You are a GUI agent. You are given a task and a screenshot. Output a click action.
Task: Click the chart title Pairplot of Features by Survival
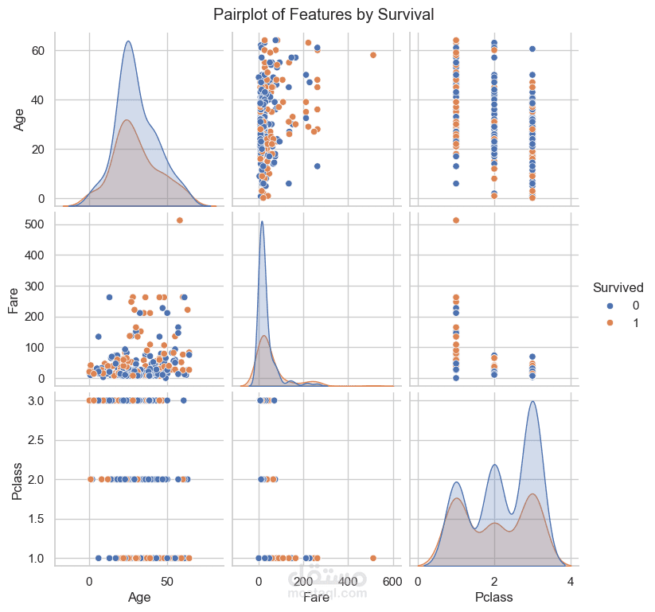click(x=323, y=14)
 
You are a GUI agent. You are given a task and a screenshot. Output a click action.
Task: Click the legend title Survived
click(x=618, y=287)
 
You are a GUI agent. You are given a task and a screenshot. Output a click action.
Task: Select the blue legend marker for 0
click(x=610, y=306)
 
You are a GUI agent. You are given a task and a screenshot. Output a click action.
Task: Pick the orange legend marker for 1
click(x=610, y=322)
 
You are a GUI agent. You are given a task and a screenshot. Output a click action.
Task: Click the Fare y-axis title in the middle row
click(x=14, y=300)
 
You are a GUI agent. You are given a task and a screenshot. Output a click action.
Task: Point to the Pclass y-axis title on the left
click(x=18, y=479)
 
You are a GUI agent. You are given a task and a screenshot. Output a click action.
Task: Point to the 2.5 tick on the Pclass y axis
click(x=37, y=440)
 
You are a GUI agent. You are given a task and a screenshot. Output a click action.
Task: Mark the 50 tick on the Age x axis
click(x=166, y=582)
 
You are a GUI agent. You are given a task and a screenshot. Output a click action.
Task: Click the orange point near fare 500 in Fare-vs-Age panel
click(x=179, y=220)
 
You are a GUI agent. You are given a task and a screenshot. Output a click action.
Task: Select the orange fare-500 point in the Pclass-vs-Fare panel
click(x=373, y=558)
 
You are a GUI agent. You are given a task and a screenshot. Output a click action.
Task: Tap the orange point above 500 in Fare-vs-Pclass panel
click(x=456, y=220)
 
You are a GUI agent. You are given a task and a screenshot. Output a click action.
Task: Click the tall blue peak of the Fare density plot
click(x=262, y=221)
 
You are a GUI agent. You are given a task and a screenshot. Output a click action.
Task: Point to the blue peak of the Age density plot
click(x=128, y=41)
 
